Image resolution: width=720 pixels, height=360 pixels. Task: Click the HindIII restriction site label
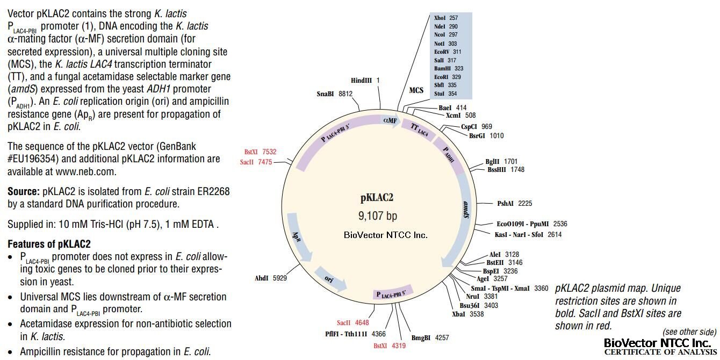[365, 81]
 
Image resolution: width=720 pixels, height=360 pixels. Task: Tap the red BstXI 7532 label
[260, 152]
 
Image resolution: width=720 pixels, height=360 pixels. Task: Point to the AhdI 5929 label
[272, 278]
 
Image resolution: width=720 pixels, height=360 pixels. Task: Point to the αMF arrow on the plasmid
[390, 120]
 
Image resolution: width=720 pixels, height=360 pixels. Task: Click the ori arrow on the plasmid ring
[329, 279]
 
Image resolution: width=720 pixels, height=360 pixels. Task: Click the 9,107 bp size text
[378, 216]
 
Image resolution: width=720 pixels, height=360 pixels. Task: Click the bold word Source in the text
[24, 192]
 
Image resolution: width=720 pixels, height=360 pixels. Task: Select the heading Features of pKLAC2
[49, 243]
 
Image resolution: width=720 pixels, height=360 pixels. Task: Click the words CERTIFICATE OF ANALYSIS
[660, 352]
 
